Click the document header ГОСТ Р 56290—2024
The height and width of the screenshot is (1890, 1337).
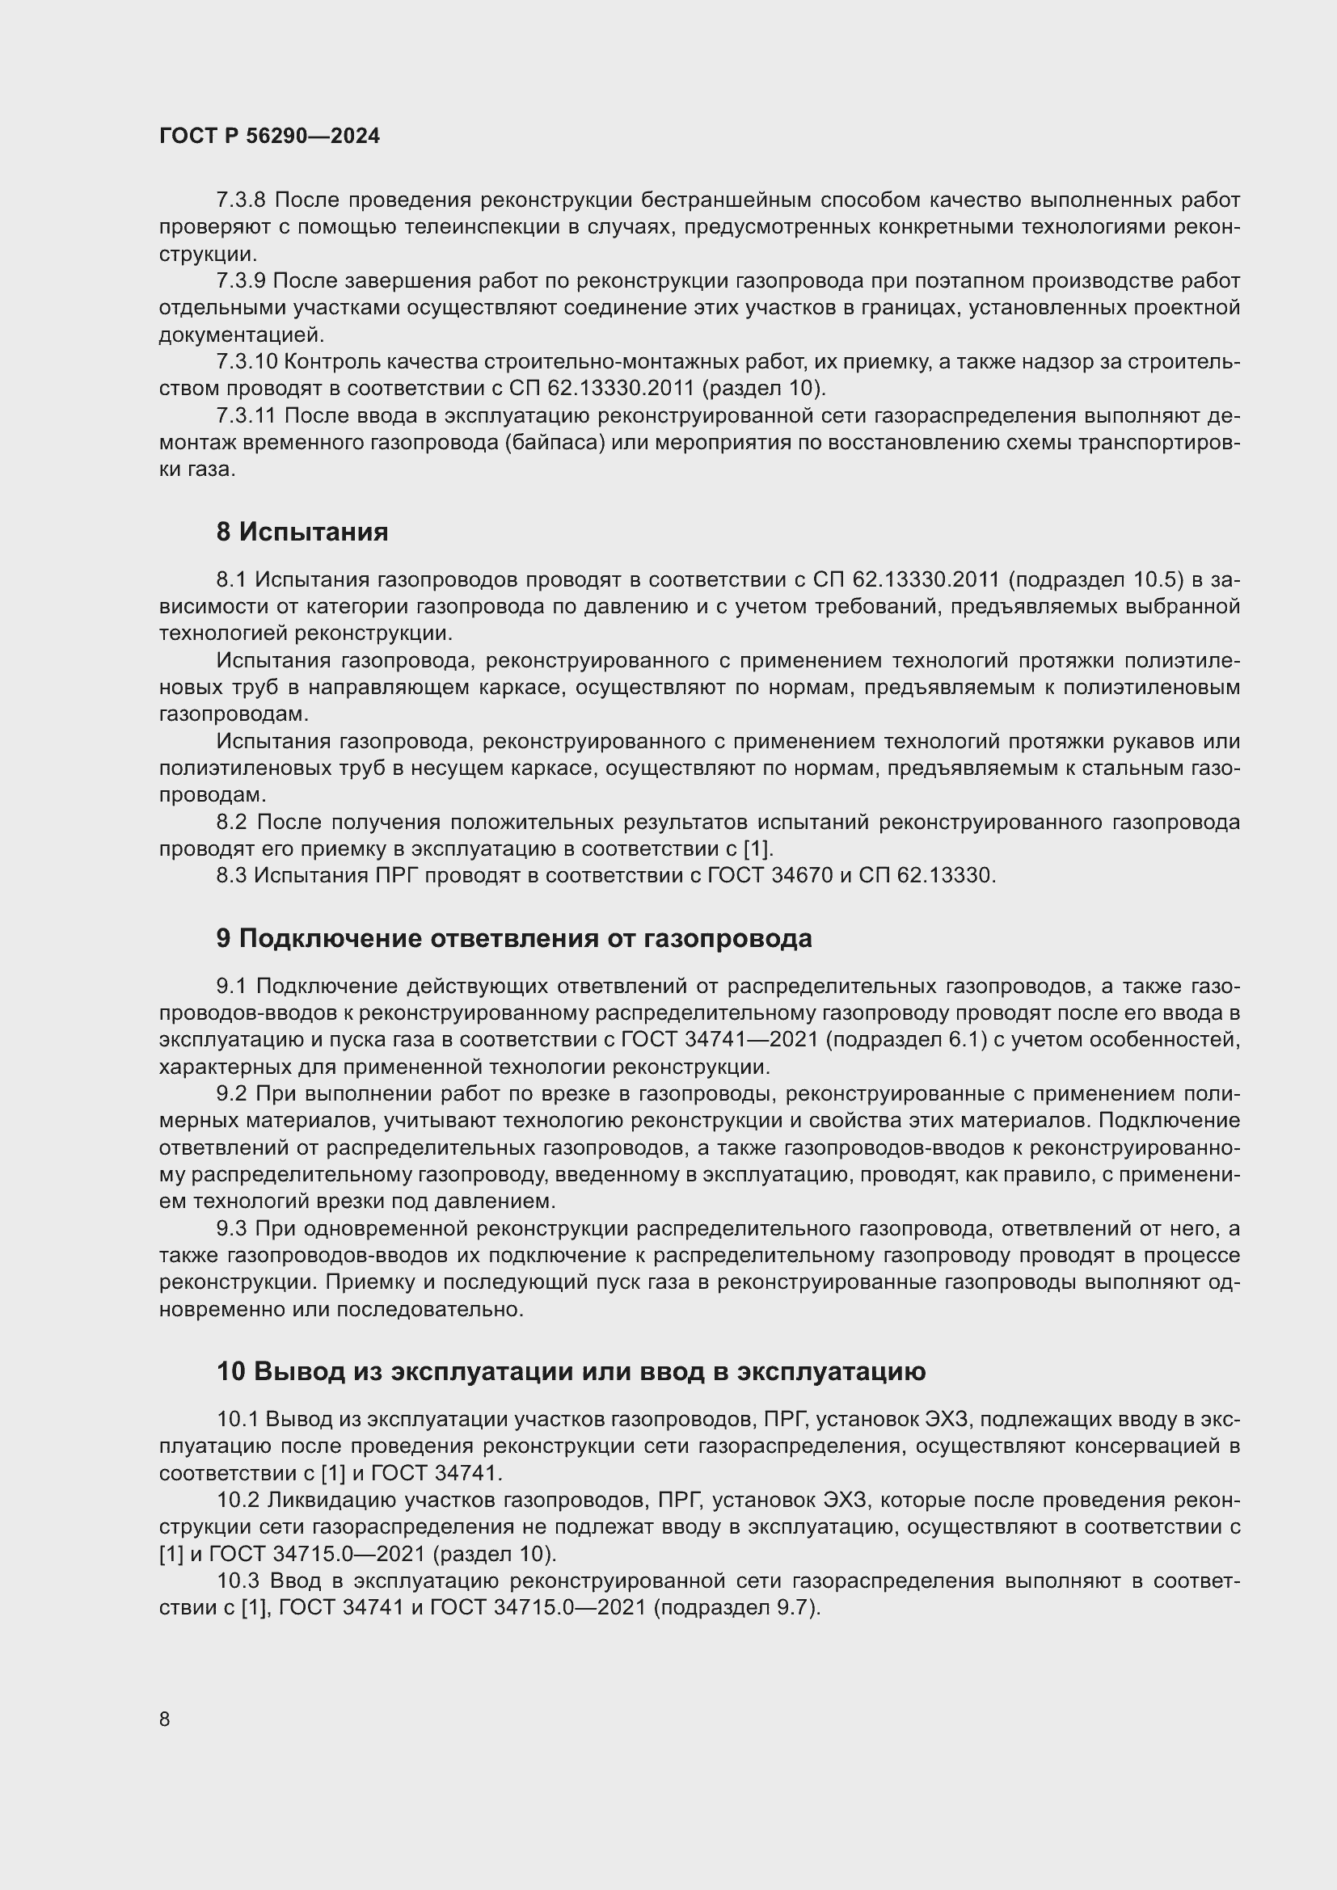[x=269, y=136]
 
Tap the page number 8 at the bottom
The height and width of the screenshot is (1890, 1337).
[x=165, y=1719]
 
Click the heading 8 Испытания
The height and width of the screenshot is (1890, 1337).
[x=302, y=532]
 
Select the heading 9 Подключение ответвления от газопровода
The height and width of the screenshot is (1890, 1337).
[x=514, y=938]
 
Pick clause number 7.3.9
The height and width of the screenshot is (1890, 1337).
[x=240, y=280]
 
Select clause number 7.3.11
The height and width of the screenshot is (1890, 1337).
[x=247, y=415]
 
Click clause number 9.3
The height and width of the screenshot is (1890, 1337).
[x=232, y=1228]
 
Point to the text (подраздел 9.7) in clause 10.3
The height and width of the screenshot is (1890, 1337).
[x=737, y=1608]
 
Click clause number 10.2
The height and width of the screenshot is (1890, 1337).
[x=238, y=1500]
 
